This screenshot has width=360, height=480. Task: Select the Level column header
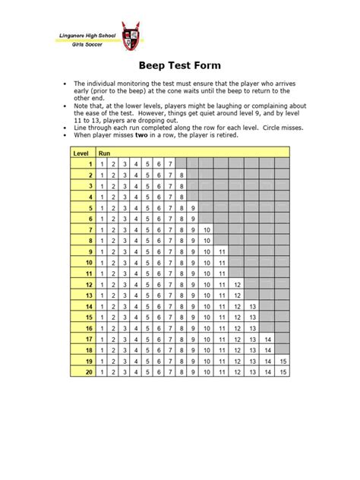(81, 153)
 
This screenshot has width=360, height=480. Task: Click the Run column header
(105, 153)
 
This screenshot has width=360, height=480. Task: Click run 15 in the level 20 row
(283, 373)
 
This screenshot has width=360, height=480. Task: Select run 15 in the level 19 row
(283, 362)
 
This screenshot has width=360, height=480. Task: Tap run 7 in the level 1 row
(171, 163)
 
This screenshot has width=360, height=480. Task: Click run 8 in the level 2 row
(183, 175)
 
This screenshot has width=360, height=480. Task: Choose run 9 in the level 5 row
(194, 207)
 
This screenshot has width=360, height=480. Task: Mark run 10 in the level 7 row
(207, 229)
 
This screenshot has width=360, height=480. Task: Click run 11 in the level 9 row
(222, 251)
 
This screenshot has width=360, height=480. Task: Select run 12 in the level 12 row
(237, 285)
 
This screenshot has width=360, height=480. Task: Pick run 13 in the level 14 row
(252, 307)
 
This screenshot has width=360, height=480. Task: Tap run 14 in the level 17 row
(267, 339)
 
